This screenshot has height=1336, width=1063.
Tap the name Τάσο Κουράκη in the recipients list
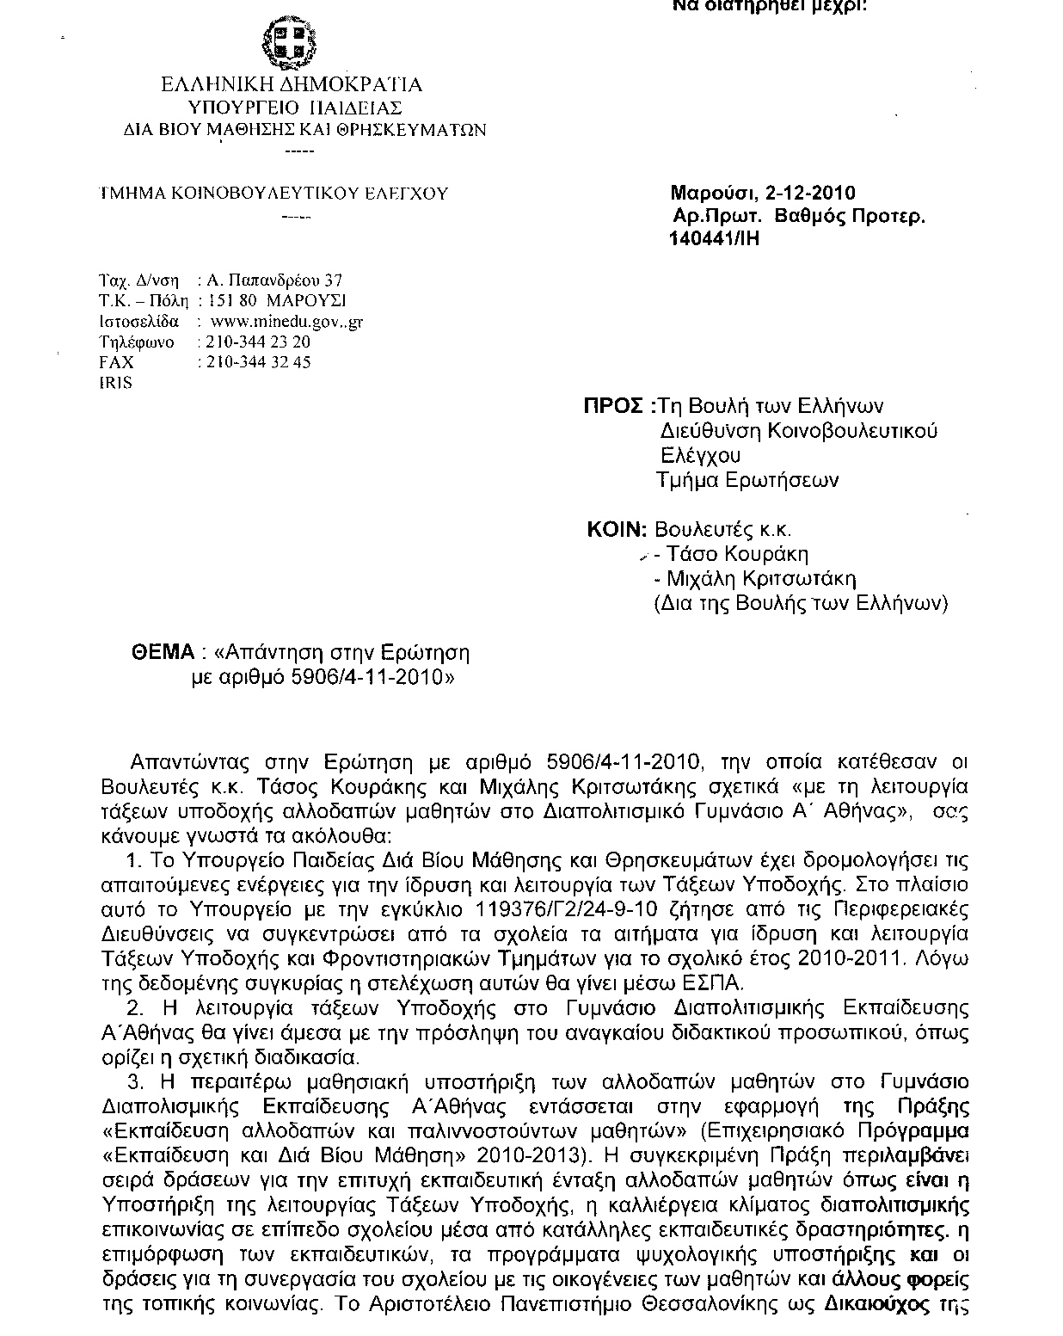click(737, 555)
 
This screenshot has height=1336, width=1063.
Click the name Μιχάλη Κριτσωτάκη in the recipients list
click(761, 579)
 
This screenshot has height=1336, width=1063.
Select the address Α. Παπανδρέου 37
click(276, 280)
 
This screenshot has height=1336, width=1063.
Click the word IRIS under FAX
click(116, 384)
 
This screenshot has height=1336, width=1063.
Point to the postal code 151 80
click(233, 301)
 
